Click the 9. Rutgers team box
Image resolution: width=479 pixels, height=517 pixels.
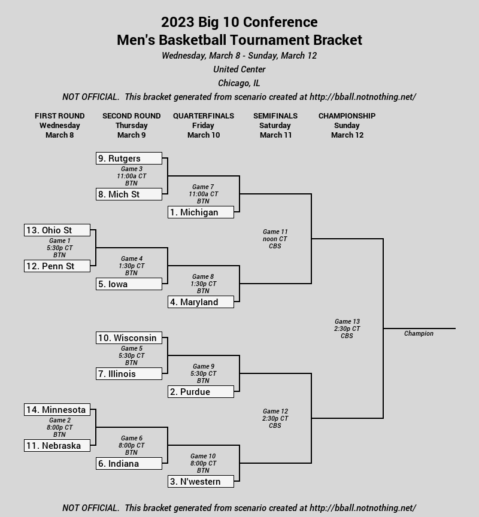[129, 158]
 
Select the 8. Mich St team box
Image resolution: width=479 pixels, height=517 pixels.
[129, 194]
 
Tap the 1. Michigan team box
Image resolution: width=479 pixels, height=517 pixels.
[201, 212]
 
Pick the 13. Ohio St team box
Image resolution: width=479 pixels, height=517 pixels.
[57, 230]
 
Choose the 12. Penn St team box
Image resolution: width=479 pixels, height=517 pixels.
[57, 266]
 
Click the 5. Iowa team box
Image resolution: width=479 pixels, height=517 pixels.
[129, 284]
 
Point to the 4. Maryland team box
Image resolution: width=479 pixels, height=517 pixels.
[201, 302]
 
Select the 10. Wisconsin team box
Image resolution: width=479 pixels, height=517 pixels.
[129, 338]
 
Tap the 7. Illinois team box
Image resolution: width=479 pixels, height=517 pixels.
[129, 374]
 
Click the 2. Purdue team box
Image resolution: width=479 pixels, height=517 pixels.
[201, 392]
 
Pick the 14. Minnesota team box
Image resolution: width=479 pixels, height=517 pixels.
[57, 409]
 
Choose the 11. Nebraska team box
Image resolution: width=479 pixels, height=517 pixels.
[57, 445]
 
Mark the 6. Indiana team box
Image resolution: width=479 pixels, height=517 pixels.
[129, 464]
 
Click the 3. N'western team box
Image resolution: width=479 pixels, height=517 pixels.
[201, 481]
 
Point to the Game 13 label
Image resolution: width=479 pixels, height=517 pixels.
[347, 321]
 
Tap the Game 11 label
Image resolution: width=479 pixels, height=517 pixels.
[275, 232]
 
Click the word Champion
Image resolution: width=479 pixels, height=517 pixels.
[419, 333]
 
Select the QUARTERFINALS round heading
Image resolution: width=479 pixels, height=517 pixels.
[204, 115]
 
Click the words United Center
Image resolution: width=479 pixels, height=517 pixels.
[239, 69]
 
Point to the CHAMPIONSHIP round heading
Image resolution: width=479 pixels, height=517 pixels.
[347, 115]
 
